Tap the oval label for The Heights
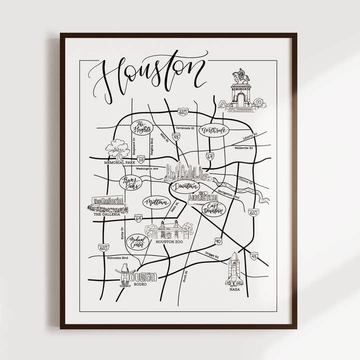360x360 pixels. tap(141, 127)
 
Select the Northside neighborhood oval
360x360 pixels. tap(213, 130)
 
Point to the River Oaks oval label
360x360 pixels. tap(130, 183)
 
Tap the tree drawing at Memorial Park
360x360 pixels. tap(117, 148)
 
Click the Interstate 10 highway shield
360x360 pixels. tap(141, 159)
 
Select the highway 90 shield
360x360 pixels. tap(218, 241)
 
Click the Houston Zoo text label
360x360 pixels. tap(168, 242)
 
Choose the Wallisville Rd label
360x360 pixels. tap(244, 148)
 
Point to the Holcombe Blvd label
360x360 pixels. tap(118, 258)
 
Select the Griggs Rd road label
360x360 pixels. tap(212, 256)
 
